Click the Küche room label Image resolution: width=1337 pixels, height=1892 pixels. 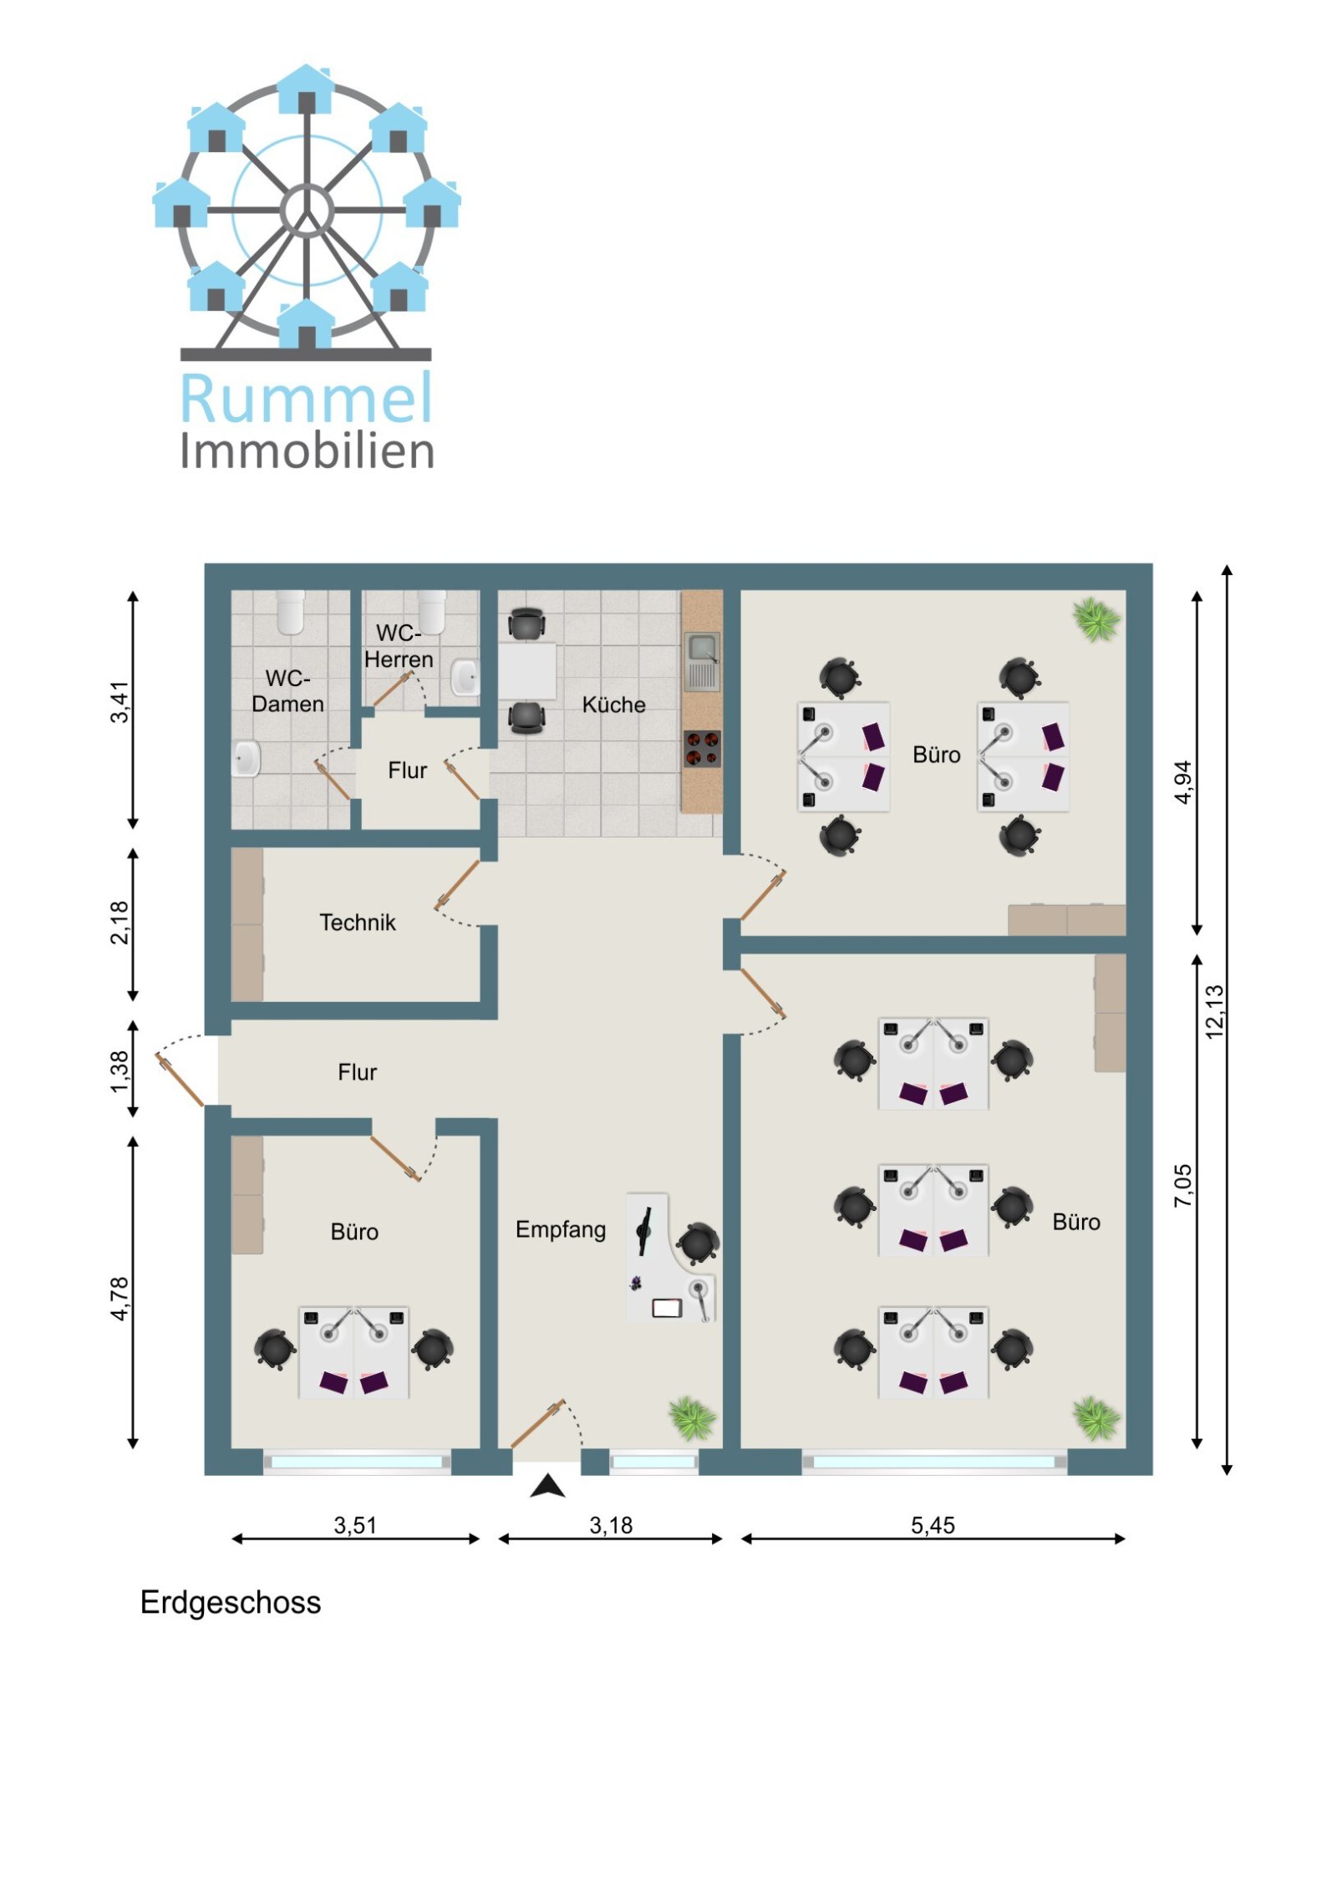(x=613, y=704)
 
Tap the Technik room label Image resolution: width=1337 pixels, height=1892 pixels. (x=358, y=922)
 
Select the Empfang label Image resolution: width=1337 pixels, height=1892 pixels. (x=561, y=1230)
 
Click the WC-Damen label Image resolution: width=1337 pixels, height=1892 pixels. (x=287, y=690)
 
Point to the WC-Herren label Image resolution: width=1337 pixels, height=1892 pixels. (x=399, y=646)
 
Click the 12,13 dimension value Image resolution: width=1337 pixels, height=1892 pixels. (x=1214, y=1011)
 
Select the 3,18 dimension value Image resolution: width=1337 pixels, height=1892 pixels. (x=611, y=1525)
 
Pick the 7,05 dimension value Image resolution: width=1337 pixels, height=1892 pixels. (x=1183, y=1185)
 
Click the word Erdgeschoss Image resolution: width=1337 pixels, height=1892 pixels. (x=231, y=1603)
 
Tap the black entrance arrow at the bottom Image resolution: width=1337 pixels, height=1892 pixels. (x=547, y=1486)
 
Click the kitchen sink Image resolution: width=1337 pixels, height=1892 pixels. (x=701, y=661)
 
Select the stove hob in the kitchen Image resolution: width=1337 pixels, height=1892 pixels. (x=702, y=749)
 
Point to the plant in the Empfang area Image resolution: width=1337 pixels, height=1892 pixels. (x=691, y=1417)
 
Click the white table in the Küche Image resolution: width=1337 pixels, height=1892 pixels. (x=527, y=670)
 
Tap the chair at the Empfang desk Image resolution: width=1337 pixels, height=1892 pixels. (x=697, y=1244)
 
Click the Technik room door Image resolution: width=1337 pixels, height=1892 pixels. (x=457, y=884)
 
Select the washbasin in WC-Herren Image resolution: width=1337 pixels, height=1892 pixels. (x=465, y=677)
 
